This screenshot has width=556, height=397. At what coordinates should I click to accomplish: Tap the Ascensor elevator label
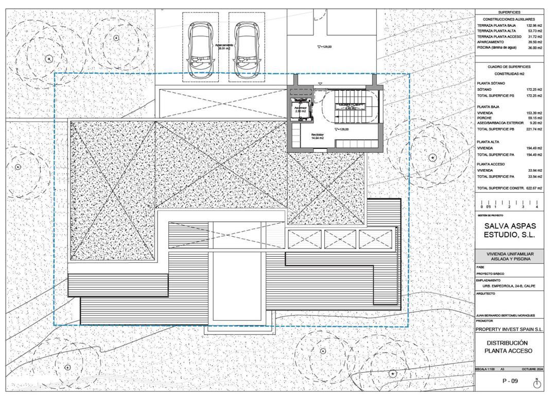(x=301, y=109)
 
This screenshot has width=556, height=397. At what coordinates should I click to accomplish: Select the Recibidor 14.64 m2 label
(x=317, y=137)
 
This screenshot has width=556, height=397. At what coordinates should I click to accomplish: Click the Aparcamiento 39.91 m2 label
(x=224, y=47)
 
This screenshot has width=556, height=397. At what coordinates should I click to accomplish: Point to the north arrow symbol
(x=536, y=383)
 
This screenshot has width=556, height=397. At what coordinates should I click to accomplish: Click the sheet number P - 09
(x=510, y=382)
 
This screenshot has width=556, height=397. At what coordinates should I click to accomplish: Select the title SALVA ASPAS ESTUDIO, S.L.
(x=509, y=230)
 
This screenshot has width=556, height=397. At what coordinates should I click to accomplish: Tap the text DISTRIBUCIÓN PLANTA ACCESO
(x=509, y=346)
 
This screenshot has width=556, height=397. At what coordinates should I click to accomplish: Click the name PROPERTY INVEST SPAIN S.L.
(x=509, y=329)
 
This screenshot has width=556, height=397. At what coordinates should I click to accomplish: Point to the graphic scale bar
(x=509, y=204)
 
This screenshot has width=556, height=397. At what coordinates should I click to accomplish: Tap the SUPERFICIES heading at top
(x=509, y=12)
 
